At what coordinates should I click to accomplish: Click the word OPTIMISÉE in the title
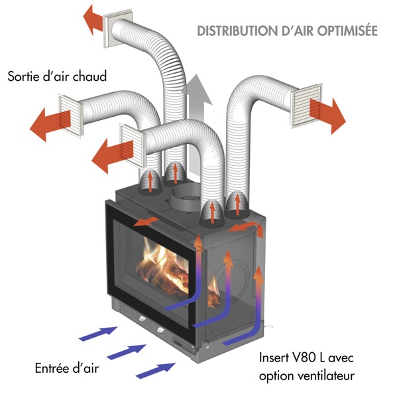pos(347,31)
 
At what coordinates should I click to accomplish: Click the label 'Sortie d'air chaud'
pos(57,76)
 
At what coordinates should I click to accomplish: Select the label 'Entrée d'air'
pos(67,368)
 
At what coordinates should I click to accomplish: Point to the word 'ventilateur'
pos(326,375)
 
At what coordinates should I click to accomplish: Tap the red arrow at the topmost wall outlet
pos(93,20)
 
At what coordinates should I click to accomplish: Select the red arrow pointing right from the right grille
pos(327,116)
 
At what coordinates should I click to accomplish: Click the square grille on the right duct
pos(307,105)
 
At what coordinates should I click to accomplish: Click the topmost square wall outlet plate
pos(118,29)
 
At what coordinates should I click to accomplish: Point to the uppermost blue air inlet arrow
pos(98,333)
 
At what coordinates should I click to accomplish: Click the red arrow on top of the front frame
pos(146,222)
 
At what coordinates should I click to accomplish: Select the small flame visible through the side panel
pos(213,292)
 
